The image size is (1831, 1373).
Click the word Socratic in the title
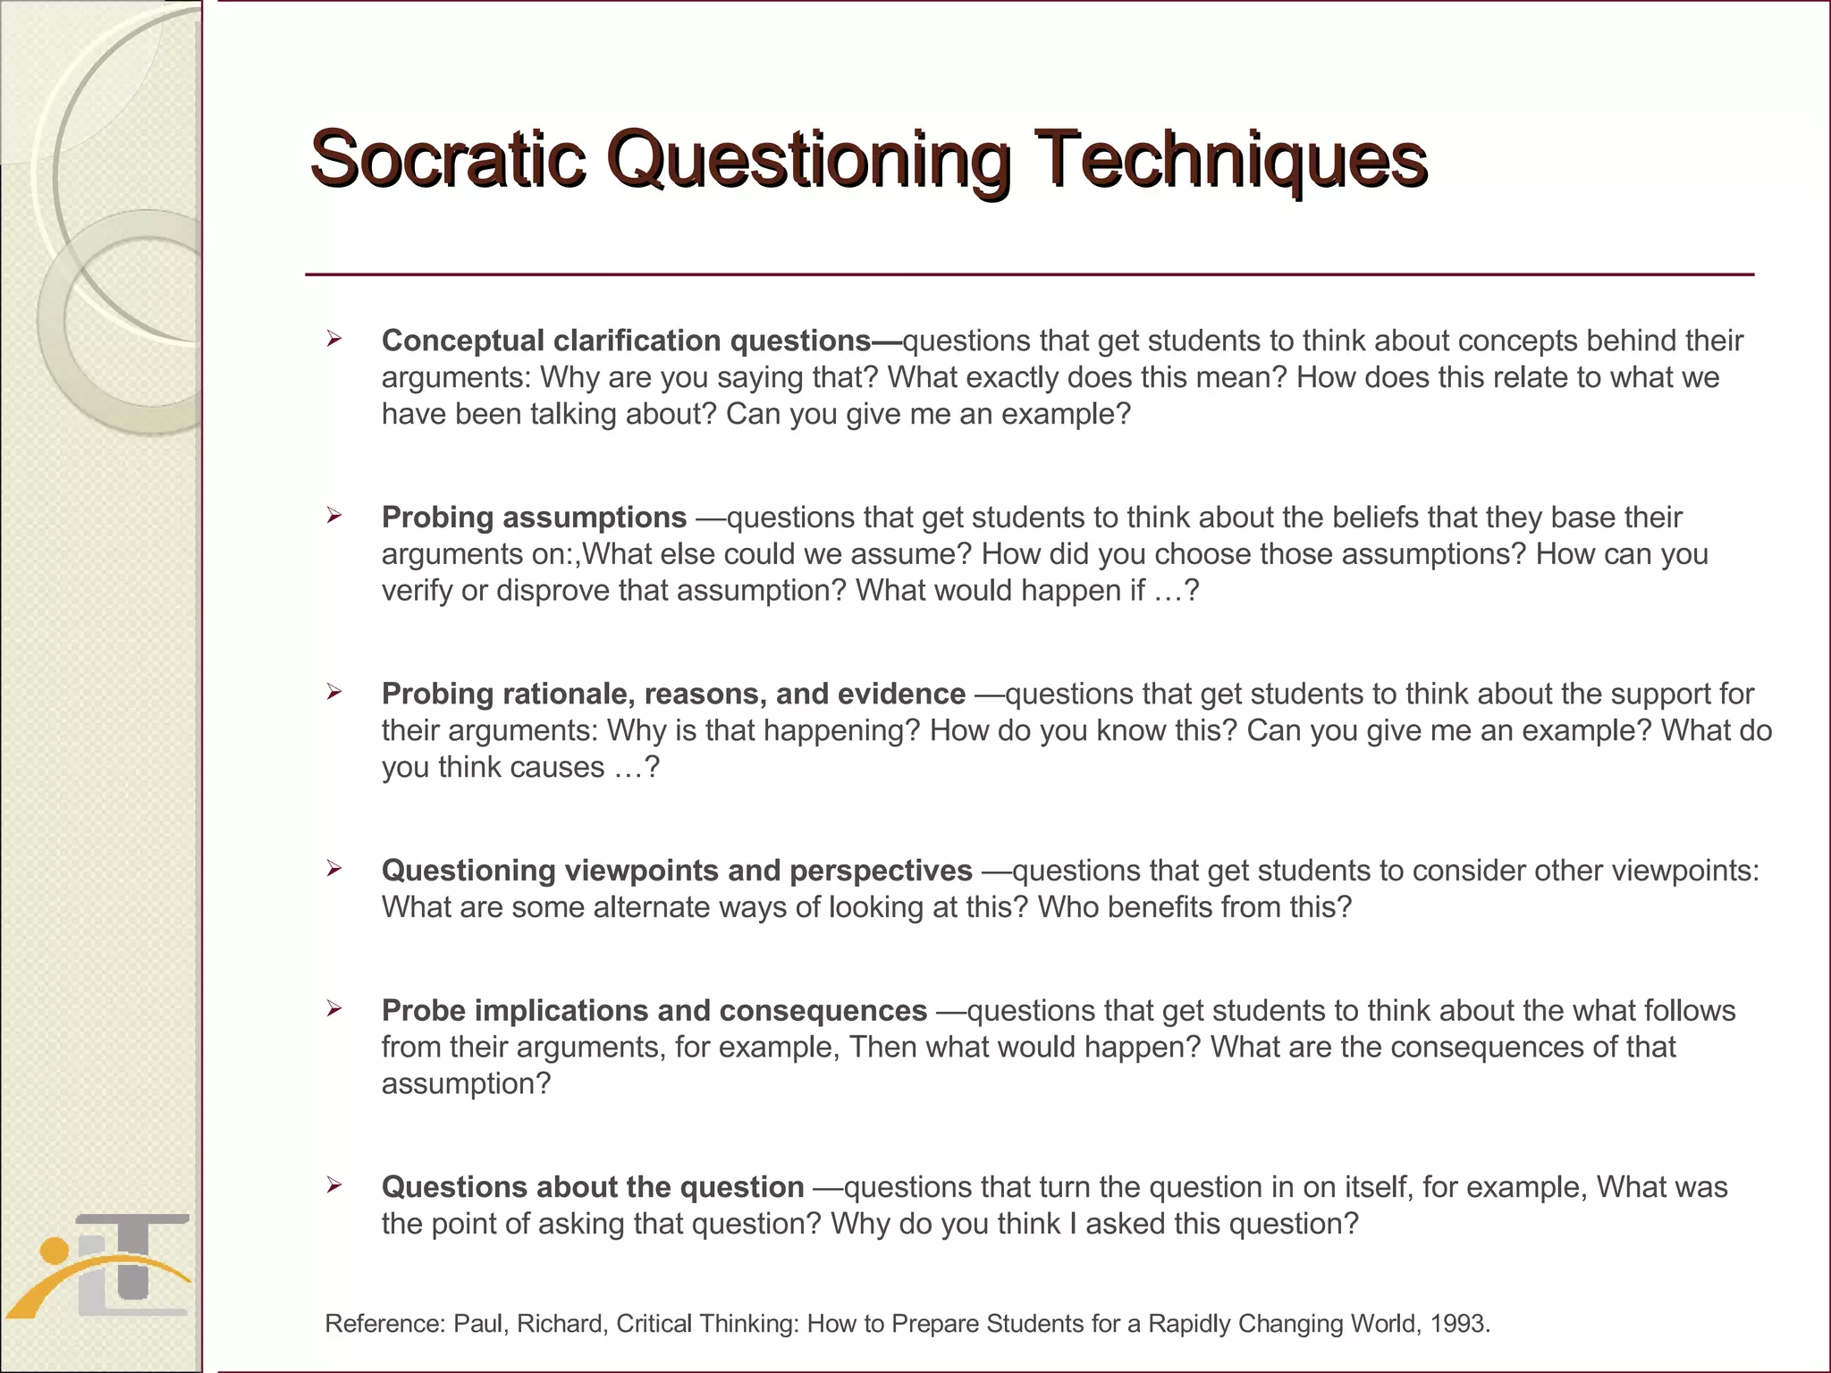click(x=447, y=159)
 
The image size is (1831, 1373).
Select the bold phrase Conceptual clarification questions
click(x=626, y=341)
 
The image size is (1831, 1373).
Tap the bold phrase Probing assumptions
click(x=534, y=518)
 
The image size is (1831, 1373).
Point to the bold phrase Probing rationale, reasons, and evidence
click(x=673, y=694)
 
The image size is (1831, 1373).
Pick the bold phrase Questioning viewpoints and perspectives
click(x=677, y=871)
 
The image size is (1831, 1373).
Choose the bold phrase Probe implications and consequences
click(x=654, y=1011)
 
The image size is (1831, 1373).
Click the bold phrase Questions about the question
click(x=593, y=1187)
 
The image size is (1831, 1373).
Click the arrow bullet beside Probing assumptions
click(x=334, y=516)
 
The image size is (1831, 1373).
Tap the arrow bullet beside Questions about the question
click(x=334, y=1185)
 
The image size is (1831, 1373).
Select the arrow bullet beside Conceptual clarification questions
click(x=334, y=339)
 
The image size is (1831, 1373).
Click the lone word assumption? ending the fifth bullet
click(x=466, y=1084)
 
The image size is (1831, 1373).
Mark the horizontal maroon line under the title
click(x=1028, y=274)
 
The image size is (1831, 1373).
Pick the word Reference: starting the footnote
click(x=384, y=1324)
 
